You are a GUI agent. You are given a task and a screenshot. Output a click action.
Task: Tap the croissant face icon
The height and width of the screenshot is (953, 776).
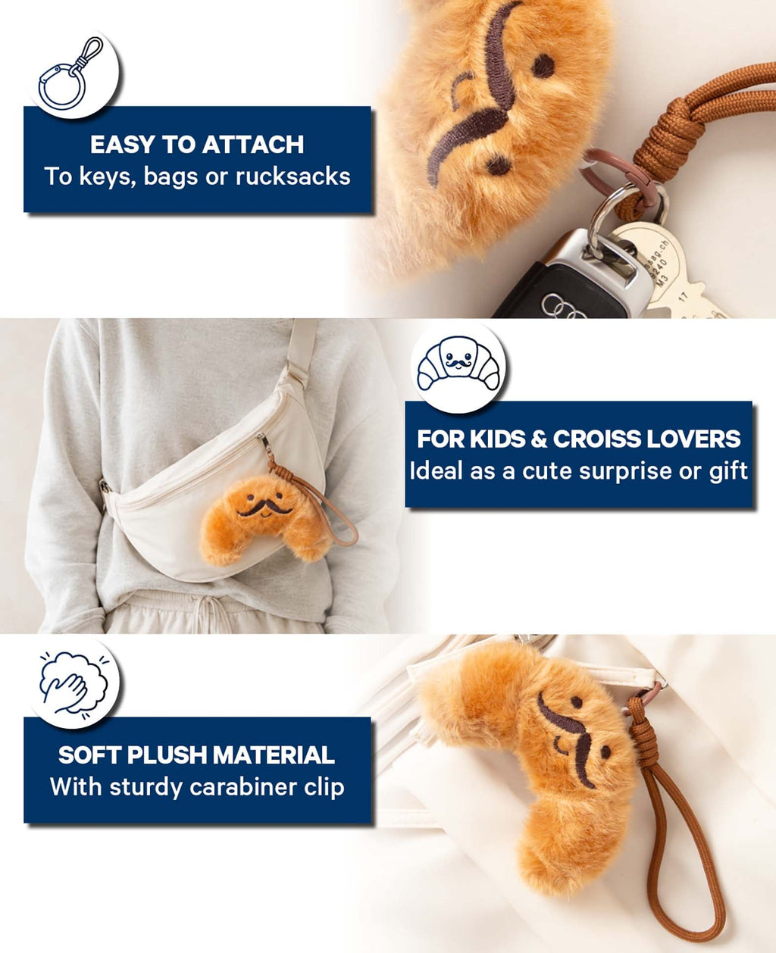tap(458, 364)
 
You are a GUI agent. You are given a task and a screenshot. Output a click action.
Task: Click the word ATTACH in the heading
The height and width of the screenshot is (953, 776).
tap(253, 145)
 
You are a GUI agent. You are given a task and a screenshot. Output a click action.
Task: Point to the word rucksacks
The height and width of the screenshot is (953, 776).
tap(293, 177)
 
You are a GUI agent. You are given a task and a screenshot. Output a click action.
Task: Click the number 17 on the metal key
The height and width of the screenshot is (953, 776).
tap(684, 296)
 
